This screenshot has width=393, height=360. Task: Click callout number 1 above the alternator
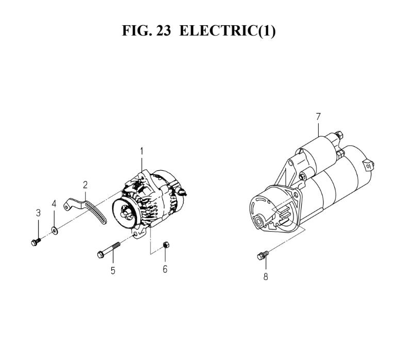(x=142, y=152)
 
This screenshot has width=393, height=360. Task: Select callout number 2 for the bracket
(x=85, y=185)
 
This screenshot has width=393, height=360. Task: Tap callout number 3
(x=38, y=213)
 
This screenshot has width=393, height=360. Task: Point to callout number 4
(x=54, y=204)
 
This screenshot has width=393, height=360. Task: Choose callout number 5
(x=113, y=271)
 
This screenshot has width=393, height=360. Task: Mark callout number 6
(x=165, y=269)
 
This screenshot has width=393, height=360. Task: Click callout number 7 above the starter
(x=318, y=117)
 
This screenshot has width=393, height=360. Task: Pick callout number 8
(x=266, y=276)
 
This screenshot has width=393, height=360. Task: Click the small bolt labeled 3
(x=36, y=242)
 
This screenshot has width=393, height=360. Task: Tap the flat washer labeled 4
(x=54, y=231)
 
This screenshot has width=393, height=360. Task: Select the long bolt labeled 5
(x=108, y=250)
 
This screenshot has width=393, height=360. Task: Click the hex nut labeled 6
(x=166, y=244)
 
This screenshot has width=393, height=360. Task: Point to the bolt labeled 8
(x=263, y=255)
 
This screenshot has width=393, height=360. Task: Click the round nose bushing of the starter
(x=258, y=221)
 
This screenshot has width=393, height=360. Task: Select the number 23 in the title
(x=163, y=30)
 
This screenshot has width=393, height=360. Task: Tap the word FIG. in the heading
(x=137, y=30)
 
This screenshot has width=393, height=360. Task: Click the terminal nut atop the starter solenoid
(x=339, y=135)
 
